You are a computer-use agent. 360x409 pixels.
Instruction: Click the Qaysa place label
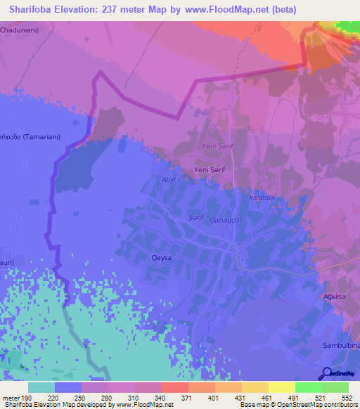point(162,258)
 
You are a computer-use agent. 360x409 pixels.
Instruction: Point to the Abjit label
point(168,179)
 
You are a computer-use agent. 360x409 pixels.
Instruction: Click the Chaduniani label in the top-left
point(21,31)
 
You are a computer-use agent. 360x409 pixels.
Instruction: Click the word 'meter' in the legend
point(10,397)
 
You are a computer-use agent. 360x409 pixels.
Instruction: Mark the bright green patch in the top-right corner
point(347,27)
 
